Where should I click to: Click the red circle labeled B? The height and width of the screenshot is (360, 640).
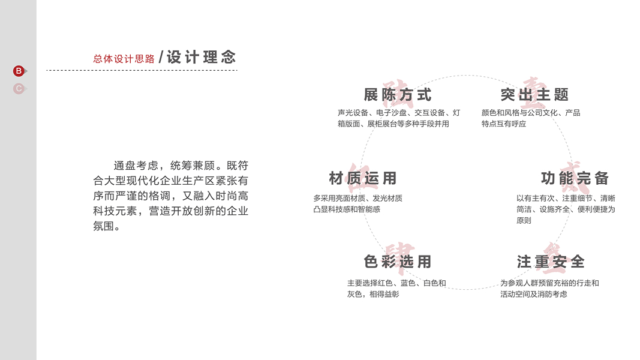[19, 71]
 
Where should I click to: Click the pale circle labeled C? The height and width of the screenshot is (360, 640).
[19, 89]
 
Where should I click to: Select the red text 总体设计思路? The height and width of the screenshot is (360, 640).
[124, 59]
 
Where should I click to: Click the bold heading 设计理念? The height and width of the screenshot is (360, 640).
[202, 57]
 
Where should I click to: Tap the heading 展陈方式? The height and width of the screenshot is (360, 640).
[398, 95]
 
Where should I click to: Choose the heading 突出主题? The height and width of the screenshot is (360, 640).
[534, 95]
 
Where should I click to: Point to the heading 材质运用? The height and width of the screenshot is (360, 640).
[363, 178]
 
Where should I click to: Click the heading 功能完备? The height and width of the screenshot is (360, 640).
[575, 178]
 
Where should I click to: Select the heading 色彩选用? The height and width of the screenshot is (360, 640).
[398, 262]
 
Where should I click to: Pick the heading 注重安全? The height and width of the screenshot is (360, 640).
[551, 262]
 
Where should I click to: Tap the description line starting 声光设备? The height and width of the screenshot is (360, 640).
[399, 113]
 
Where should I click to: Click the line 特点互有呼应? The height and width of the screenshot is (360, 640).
[504, 124]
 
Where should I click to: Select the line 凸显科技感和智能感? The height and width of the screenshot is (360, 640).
[347, 209]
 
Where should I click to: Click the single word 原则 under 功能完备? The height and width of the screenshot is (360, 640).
[524, 220]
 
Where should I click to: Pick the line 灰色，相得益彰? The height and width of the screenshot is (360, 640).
[373, 294]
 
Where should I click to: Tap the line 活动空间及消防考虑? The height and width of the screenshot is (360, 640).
[534, 294]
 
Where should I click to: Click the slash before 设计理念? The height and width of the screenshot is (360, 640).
[161, 58]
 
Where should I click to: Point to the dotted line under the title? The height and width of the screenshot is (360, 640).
[142, 70]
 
